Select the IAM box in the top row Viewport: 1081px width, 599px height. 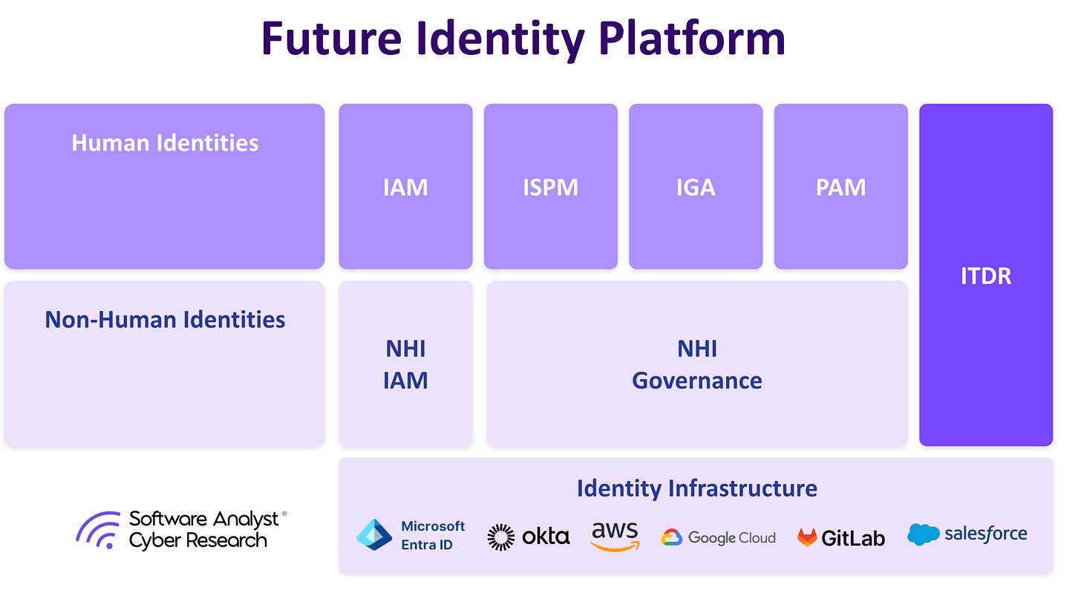(x=405, y=186)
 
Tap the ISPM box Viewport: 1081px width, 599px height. (x=550, y=186)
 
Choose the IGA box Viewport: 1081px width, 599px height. (x=696, y=186)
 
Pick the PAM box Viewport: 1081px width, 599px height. (x=840, y=186)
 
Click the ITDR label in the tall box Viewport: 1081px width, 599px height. (x=985, y=276)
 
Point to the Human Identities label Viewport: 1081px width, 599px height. (x=165, y=143)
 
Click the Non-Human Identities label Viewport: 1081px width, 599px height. (x=165, y=320)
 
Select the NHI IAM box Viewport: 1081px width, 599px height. (x=405, y=364)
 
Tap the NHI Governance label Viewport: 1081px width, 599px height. (x=696, y=364)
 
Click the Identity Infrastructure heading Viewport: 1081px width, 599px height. (x=696, y=488)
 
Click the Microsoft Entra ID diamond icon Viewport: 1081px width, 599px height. (x=374, y=535)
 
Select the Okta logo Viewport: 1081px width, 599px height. (x=528, y=537)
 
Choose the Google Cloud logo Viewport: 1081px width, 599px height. (x=718, y=537)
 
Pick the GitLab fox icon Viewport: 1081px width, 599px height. (x=806, y=537)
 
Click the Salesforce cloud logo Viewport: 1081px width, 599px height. (x=923, y=534)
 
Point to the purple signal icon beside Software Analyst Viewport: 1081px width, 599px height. (x=98, y=529)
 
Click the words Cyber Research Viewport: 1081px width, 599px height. (x=197, y=540)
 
